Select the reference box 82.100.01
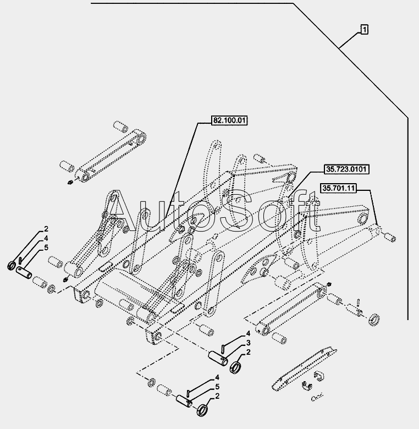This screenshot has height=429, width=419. [228, 119]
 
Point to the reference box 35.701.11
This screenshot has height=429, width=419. [339, 188]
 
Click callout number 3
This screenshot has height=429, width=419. [248, 342]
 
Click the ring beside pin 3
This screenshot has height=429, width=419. [237, 366]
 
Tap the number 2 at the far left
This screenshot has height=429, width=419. [47, 229]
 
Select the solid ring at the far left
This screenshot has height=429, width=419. [12, 266]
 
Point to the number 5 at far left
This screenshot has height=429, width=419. [47, 248]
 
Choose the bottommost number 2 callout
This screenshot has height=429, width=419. [218, 395]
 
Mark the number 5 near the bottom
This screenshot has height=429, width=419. [218, 386]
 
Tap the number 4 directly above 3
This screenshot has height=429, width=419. [248, 333]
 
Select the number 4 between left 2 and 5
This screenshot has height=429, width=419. [47, 238]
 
